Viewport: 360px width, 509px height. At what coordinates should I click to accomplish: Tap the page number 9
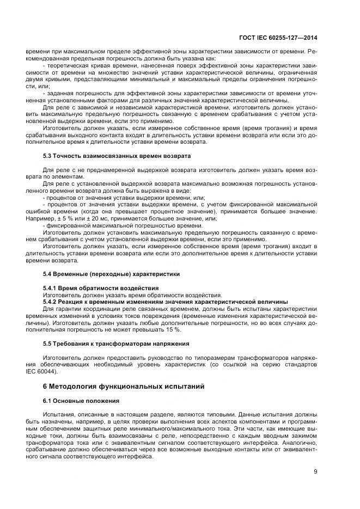[315, 471]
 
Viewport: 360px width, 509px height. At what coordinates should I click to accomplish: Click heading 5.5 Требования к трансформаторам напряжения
[116, 344]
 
